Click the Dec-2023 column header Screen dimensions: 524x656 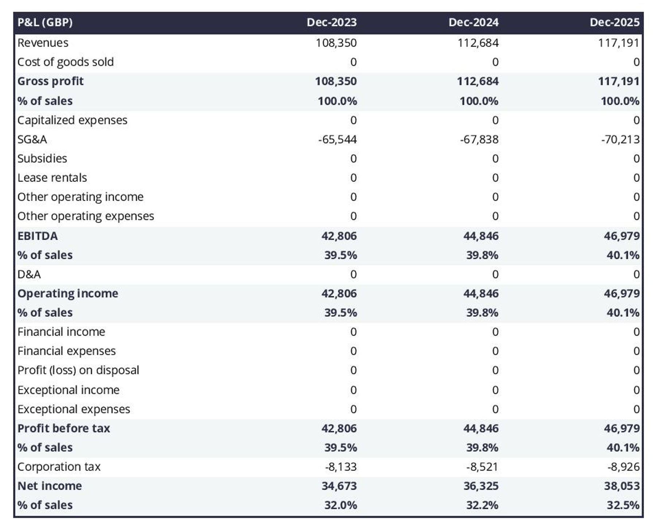point(331,22)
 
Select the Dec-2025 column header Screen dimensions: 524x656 point(614,22)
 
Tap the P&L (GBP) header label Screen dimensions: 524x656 point(45,22)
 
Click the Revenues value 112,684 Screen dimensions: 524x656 point(478,43)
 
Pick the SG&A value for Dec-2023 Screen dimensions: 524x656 point(337,139)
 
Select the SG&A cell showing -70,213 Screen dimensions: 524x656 point(620,139)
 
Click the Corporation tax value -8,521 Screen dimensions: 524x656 point(482,467)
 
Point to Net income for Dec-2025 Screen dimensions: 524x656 point(621,486)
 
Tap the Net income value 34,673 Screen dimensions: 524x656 point(339,486)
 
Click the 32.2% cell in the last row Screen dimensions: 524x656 point(482,505)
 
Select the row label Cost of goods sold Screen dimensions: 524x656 point(66,62)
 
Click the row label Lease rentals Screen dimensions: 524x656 point(52,178)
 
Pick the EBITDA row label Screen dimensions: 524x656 point(38,236)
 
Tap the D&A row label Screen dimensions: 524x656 point(29,274)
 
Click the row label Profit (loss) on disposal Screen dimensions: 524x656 point(78,370)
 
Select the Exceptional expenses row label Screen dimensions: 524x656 point(74,409)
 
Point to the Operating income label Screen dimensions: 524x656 point(68,293)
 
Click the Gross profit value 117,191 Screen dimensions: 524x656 point(618,81)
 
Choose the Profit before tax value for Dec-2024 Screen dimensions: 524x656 point(481,428)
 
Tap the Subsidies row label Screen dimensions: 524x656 point(42,159)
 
